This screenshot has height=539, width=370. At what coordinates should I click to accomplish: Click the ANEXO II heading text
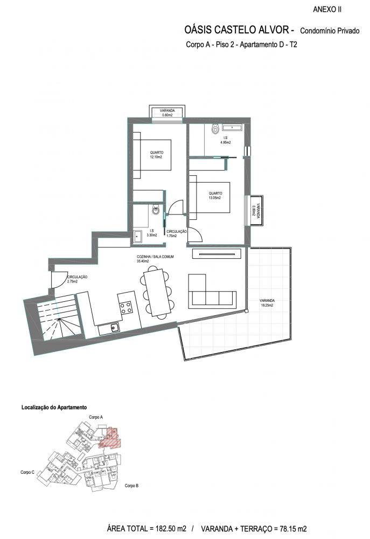pos(327,10)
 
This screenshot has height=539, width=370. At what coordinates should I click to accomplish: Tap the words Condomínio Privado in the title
pos(330,31)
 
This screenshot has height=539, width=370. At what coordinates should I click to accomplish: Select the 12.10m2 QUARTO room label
pos(156,155)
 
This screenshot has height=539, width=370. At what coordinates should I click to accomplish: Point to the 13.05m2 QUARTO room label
pos(215,196)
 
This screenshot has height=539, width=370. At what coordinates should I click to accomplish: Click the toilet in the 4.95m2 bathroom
pos(215,129)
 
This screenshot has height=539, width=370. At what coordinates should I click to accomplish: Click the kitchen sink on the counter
pos(114,328)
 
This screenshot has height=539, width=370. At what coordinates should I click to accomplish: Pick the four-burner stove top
pos(125,307)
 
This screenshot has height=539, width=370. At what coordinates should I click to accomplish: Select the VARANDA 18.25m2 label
pos(267,303)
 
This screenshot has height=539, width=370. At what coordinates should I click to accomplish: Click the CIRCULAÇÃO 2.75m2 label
pos(77,279)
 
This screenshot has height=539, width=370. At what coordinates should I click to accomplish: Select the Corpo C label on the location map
pos(27,472)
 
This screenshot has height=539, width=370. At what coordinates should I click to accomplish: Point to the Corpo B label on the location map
pos(131,486)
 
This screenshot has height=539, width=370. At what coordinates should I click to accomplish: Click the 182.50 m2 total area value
pos(170,529)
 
